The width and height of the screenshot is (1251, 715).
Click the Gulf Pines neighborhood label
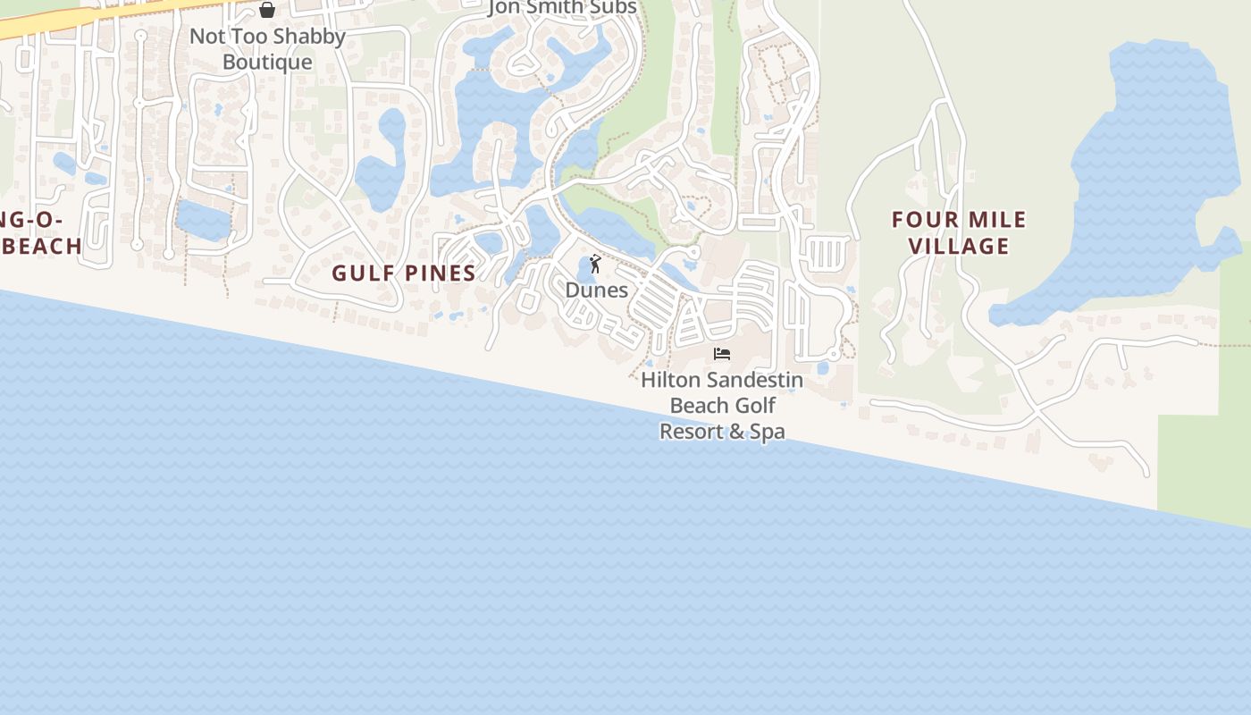pyautogui.click(x=404, y=273)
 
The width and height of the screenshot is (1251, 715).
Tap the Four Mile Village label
pyautogui.click(x=960, y=232)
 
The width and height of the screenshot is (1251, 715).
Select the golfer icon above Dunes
pyautogui.click(x=595, y=264)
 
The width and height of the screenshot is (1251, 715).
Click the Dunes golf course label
pyautogui.click(x=596, y=290)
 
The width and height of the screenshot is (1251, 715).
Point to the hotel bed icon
pyautogui.click(x=722, y=354)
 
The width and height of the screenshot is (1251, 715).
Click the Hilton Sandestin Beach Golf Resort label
pyautogui.click(x=722, y=405)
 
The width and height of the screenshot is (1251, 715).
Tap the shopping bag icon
pyautogui.click(x=266, y=10)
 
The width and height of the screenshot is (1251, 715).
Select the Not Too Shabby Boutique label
pyautogui.click(x=267, y=49)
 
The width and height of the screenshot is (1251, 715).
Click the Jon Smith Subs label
pyautogui.click(x=562, y=8)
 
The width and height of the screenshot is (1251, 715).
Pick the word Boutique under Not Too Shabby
pyautogui.click(x=267, y=62)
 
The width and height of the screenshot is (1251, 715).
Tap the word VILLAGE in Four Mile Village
pyautogui.click(x=960, y=246)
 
